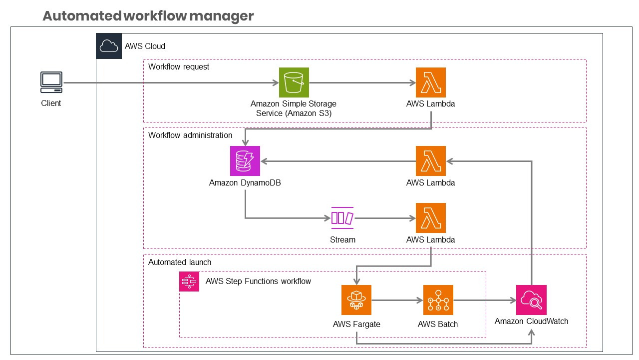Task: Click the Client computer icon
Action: [51, 82]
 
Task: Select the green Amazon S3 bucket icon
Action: [294, 82]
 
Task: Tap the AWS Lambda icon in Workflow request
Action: [430, 82]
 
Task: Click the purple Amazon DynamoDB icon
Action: [245, 161]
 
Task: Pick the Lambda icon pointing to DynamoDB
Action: [430, 161]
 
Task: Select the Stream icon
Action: [342, 218]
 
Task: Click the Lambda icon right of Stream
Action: [430, 218]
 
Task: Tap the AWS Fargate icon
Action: [356, 300]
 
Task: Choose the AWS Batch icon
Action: [438, 300]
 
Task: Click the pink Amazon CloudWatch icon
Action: [531, 300]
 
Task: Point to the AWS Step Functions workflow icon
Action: [189, 281]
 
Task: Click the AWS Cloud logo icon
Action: [109, 46]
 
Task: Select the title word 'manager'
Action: [222, 16]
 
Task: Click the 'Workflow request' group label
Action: [179, 66]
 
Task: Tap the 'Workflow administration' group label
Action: [190, 135]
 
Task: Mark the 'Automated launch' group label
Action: [180, 262]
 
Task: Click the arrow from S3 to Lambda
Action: [362, 82]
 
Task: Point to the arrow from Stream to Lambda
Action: [385, 218]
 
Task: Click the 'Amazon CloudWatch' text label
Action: [531, 321]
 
